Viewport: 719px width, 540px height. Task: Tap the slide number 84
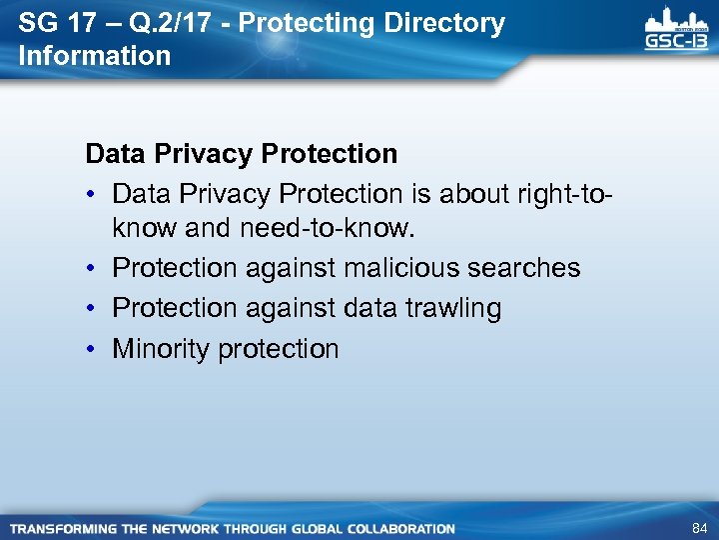(698, 528)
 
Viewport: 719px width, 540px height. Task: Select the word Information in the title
(95, 56)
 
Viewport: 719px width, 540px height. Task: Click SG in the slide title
(38, 24)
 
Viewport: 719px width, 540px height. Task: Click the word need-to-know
(326, 229)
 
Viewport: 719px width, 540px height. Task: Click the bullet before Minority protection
(92, 349)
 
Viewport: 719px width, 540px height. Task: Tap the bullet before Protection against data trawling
(92, 308)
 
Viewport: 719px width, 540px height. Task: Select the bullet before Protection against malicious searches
(92, 268)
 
